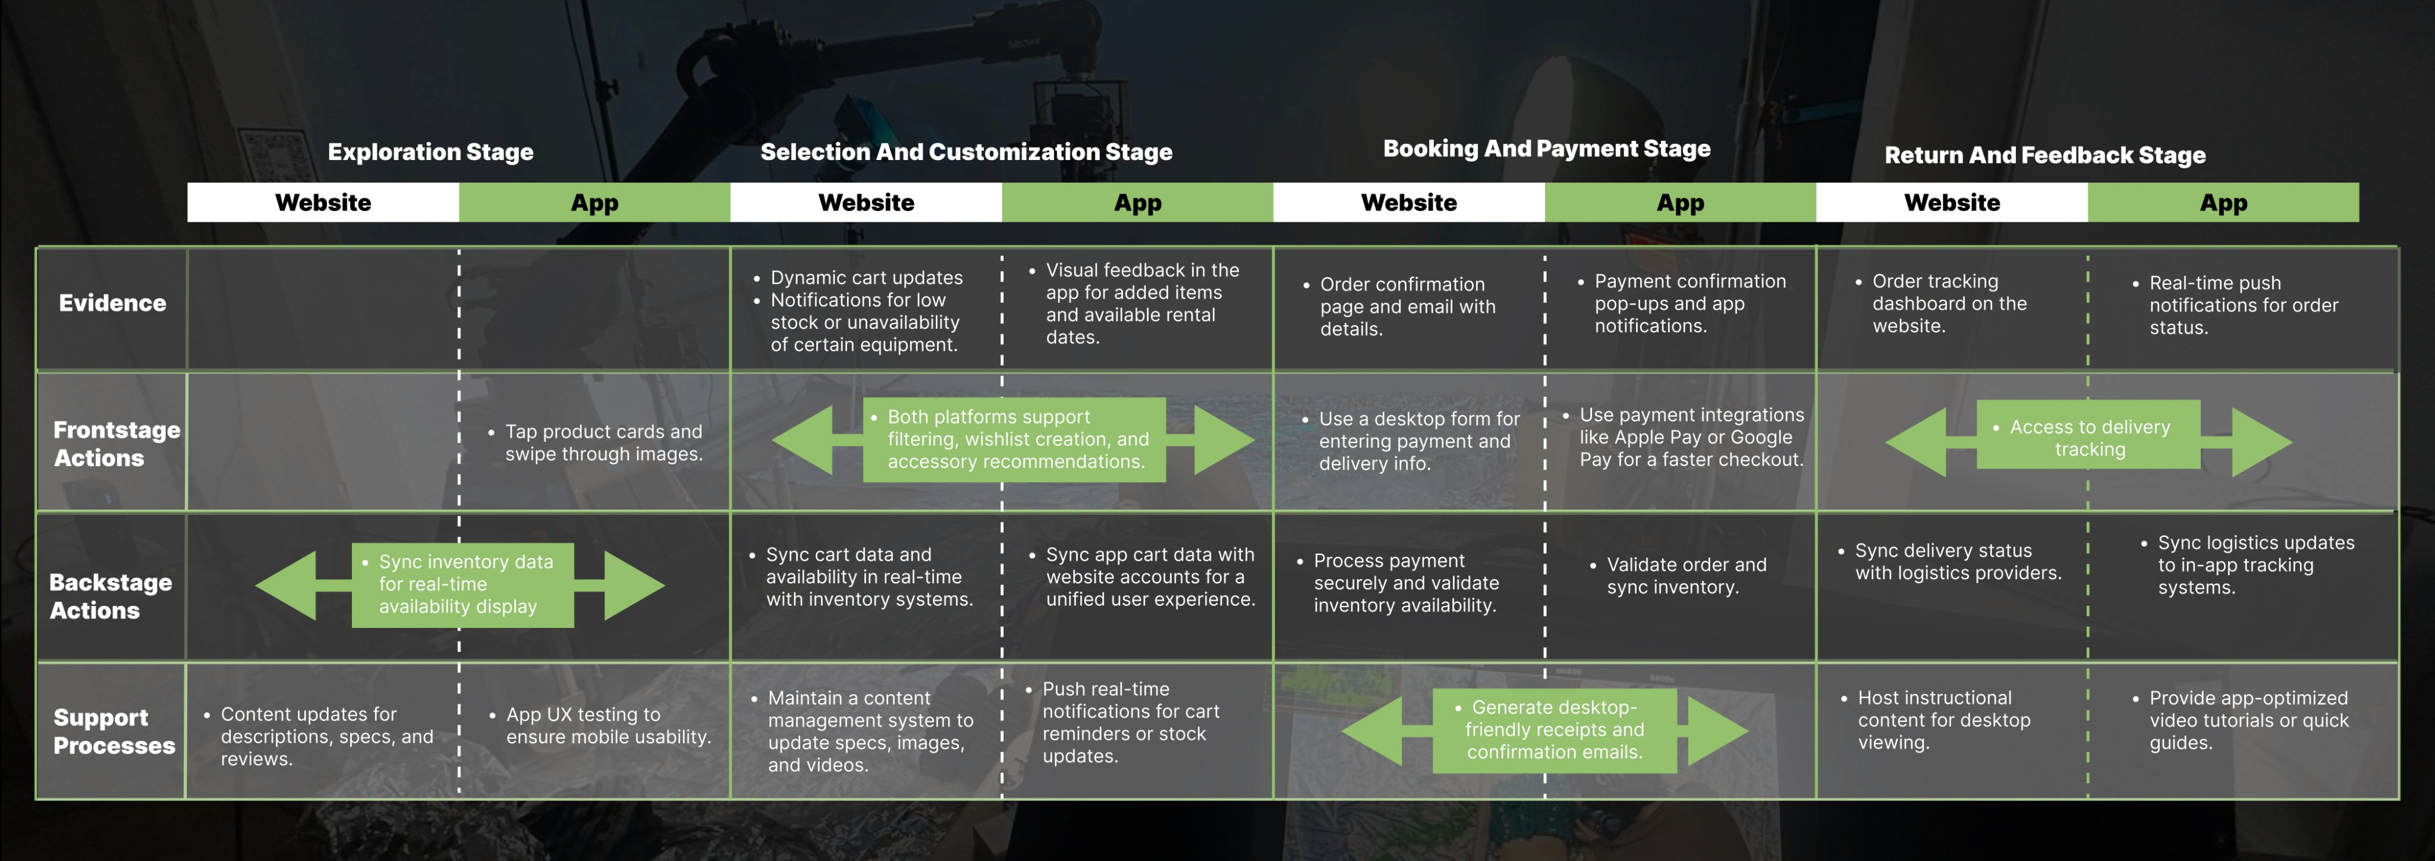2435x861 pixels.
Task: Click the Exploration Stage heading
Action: pos(430,152)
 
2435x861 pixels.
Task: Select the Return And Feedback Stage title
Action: pos(2044,155)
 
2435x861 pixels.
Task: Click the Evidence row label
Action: pos(112,303)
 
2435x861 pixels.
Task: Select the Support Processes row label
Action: pos(114,731)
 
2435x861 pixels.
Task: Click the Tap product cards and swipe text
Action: pos(603,442)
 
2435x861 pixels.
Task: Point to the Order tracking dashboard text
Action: pos(1948,303)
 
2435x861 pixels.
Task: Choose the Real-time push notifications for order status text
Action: pos(2242,305)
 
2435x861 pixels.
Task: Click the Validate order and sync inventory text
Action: pos(1685,576)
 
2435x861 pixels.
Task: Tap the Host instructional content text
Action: pos(1943,720)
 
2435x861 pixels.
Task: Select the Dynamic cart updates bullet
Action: pos(866,278)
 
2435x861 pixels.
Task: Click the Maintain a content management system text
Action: pos(870,731)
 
